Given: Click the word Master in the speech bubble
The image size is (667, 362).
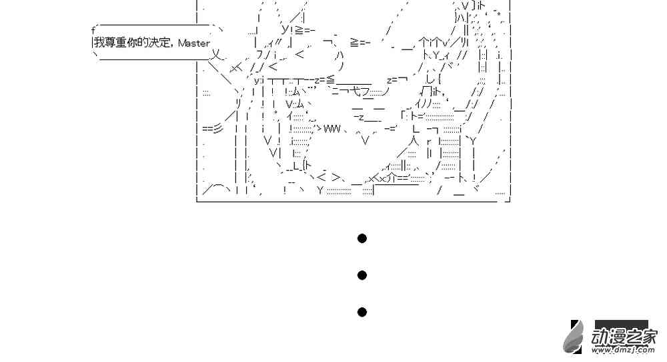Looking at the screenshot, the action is click(x=194, y=43).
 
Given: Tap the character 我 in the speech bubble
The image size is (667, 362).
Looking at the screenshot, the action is click(x=99, y=43).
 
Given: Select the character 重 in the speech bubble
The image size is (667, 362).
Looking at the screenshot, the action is click(x=121, y=43).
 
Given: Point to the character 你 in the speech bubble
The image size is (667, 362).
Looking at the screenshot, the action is click(x=132, y=43).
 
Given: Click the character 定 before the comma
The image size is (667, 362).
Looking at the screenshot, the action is click(x=165, y=43).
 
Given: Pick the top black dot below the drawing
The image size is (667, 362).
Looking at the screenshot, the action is click(x=362, y=238).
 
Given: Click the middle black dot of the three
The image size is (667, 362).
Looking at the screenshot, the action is click(x=362, y=275).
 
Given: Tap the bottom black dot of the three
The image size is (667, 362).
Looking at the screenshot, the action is click(x=362, y=312).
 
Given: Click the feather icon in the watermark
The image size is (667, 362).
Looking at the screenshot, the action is click(x=574, y=337).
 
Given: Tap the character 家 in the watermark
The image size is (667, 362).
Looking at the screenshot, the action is click(x=649, y=337).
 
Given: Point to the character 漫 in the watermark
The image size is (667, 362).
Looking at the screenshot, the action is click(x=616, y=337).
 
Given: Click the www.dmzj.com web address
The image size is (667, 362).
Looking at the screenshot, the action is click(x=623, y=350).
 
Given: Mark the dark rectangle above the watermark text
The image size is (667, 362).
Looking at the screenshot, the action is click(x=622, y=325).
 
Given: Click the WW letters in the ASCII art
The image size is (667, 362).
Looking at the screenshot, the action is click(x=332, y=128).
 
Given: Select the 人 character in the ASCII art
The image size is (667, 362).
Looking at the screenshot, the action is click(x=416, y=140).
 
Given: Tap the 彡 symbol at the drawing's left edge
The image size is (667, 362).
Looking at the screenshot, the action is click(x=217, y=128).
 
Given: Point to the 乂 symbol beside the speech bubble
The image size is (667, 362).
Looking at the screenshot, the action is click(x=217, y=54).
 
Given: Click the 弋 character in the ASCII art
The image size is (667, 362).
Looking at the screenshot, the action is click(x=356, y=90).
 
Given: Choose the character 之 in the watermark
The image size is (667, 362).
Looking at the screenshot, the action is click(x=632, y=337).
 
